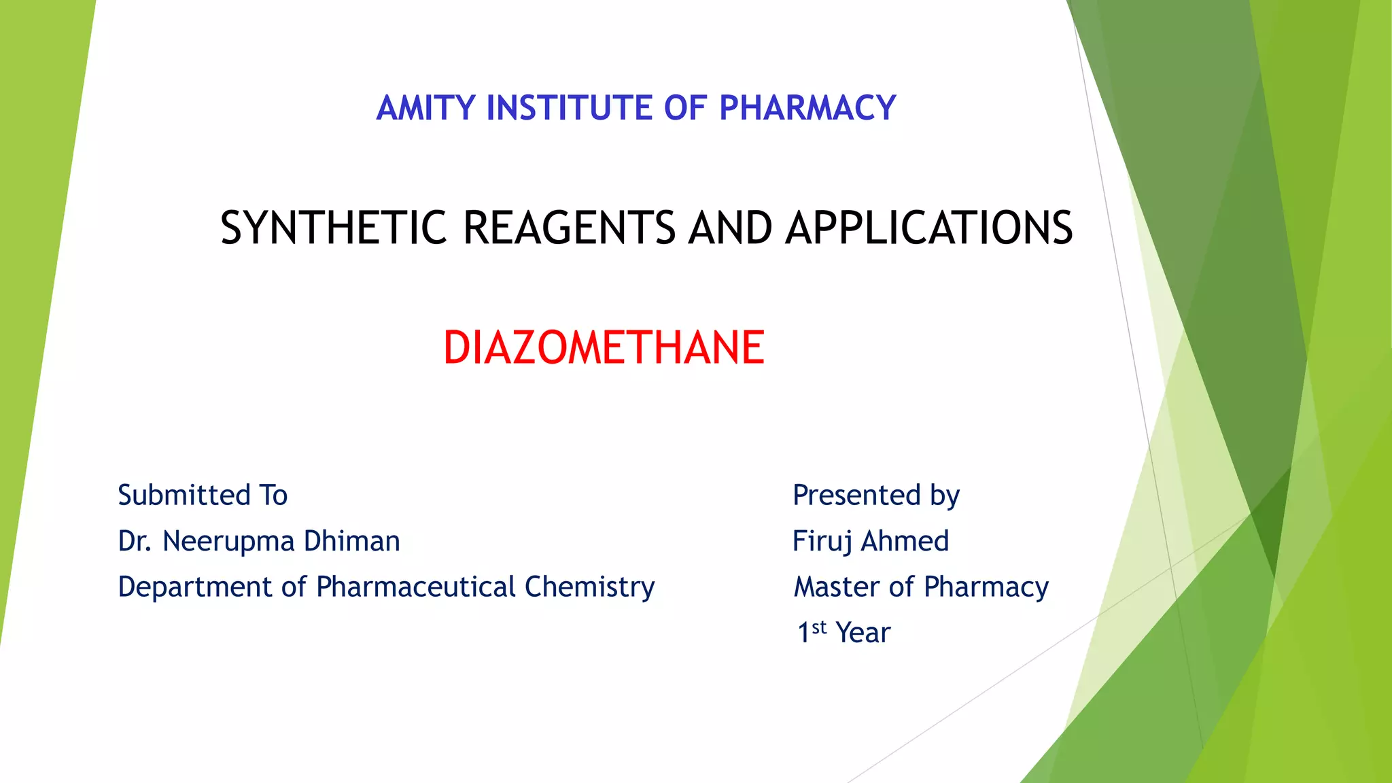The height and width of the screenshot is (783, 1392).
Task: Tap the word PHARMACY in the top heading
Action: pyautogui.click(x=807, y=108)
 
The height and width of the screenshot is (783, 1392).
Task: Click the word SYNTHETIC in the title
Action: pyautogui.click(x=333, y=228)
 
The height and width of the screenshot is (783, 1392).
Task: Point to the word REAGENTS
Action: pyautogui.click(x=569, y=228)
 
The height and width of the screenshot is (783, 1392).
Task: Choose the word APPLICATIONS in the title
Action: pyautogui.click(x=929, y=228)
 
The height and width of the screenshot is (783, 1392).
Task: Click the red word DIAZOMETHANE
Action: pyautogui.click(x=604, y=348)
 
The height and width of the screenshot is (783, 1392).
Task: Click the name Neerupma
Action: pyautogui.click(x=228, y=542)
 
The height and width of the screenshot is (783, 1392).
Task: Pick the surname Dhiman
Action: pyautogui.click(x=351, y=541)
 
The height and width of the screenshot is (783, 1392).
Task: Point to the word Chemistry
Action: pyautogui.click(x=589, y=587)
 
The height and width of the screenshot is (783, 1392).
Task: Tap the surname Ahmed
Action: pyautogui.click(x=905, y=541)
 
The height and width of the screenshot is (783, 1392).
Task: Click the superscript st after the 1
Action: pyautogui.click(x=819, y=627)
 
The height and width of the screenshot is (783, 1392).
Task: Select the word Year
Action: pyautogui.click(x=863, y=633)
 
